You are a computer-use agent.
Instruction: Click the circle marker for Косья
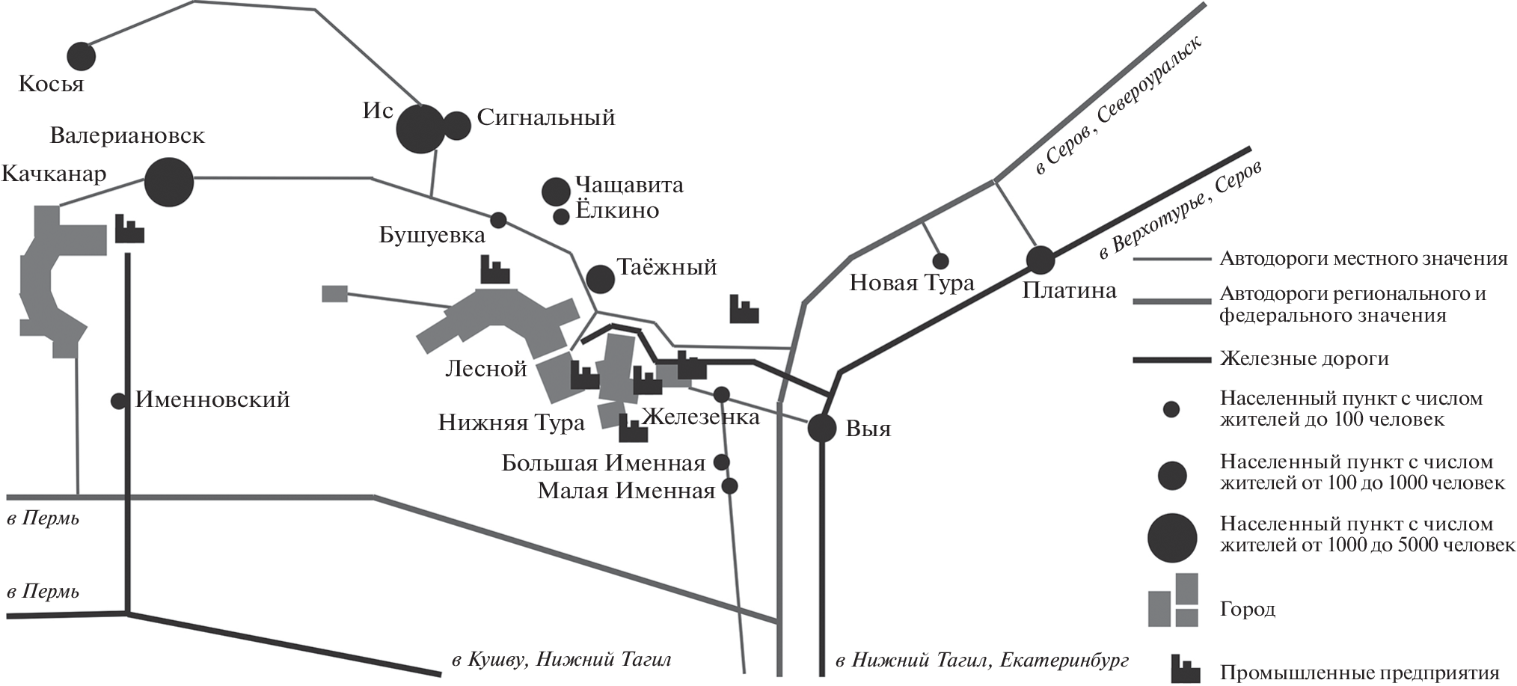click(82, 56)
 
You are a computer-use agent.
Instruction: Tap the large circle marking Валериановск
click(168, 182)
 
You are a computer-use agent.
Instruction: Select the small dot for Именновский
click(118, 401)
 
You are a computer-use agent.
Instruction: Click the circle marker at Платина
click(1040, 260)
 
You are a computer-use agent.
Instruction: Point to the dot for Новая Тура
click(940, 261)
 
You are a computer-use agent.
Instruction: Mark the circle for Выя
click(822, 429)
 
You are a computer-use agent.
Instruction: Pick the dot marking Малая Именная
click(729, 486)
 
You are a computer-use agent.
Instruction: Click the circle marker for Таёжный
click(600, 279)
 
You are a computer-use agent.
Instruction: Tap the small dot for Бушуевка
click(498, 220)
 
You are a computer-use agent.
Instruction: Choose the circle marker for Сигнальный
click(456, 125)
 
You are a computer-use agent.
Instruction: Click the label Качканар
click(54, 174)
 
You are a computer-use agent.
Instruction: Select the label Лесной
click(486, 368)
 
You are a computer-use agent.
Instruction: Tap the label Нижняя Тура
click(512, 423)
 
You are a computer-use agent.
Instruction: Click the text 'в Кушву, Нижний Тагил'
click(561, 660)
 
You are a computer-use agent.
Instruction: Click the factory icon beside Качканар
click(129, 228)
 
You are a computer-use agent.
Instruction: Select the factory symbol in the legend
click(1186, 668)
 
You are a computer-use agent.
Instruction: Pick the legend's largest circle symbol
click(1172, 538)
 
